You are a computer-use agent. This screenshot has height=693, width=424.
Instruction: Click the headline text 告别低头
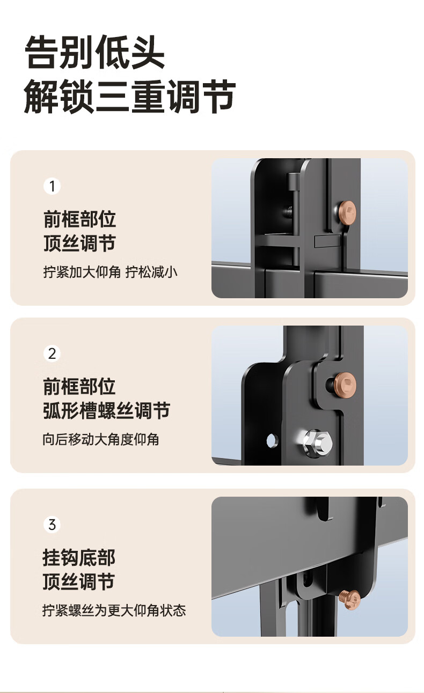[94, 52]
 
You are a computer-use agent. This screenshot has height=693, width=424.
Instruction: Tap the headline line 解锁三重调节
[130, 96]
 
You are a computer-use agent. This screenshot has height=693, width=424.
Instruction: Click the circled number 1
[52, 186]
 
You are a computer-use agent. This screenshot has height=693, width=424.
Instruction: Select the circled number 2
[52, 353]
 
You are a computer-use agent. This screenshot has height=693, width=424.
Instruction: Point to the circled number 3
[52, 525]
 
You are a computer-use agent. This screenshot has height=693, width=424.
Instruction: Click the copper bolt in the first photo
[347, 212]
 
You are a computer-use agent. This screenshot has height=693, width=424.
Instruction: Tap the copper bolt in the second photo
[345, 385]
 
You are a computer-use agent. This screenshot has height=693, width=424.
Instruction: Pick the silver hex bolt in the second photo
[316, 444]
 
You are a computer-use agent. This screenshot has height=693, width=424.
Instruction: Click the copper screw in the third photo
[349, 600]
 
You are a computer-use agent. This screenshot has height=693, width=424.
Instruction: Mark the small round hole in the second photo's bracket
[272, 440]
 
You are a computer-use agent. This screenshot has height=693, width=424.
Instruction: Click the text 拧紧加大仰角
[82, 272]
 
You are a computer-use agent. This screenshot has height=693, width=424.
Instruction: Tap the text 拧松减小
[151, 272]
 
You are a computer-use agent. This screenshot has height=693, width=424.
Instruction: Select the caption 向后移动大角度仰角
[101, 439]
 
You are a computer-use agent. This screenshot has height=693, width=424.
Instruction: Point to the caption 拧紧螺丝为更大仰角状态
[114, 610]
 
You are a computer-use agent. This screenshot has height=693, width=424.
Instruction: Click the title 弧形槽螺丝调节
[107, 411]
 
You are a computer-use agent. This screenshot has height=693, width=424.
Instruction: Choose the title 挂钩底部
[79, 557]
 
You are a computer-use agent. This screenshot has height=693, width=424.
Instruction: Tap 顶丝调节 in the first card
[79, 243]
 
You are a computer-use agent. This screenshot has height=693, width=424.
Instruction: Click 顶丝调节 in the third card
[79, 581]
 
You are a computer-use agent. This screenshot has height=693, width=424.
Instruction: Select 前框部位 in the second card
[79, 386]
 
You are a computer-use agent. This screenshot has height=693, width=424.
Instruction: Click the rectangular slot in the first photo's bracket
[327, 241]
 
